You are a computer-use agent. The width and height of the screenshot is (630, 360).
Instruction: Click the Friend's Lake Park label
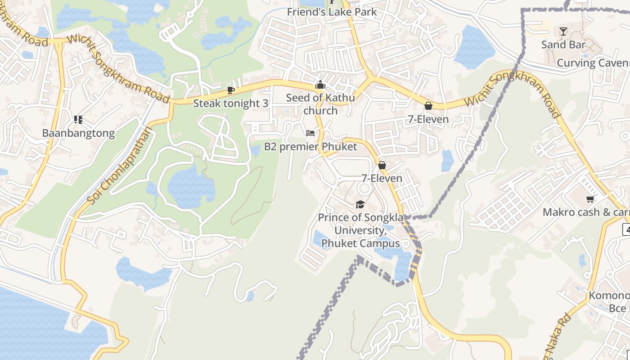pos(332,12)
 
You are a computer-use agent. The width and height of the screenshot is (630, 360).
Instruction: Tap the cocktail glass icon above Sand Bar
pos(563,31)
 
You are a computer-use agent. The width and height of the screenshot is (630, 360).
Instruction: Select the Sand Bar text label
pos(563,45)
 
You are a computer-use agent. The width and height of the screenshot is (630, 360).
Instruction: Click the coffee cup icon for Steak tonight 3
pos(231,90)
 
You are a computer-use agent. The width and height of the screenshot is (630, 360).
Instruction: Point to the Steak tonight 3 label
pos(230,103)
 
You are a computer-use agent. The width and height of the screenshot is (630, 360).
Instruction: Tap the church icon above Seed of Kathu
pos(320,85)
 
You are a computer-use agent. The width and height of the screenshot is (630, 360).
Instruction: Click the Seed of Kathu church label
pos(320,104)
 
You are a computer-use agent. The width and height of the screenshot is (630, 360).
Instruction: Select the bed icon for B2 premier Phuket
pos(310,133)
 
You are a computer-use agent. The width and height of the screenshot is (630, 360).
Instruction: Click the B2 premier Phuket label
pos(310,147)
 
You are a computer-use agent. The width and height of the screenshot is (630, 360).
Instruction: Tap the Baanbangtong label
pos(78,133)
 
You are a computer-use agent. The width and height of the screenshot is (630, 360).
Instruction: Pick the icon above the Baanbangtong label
pos(78,120)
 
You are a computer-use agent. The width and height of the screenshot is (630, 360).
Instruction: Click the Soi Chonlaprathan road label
pos(120,166)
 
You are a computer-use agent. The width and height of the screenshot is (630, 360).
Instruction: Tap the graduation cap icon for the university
pos(360,205)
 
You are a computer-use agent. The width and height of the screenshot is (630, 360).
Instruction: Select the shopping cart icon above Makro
pos(590,199)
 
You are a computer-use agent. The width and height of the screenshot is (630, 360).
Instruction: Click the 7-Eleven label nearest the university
pos(382,178)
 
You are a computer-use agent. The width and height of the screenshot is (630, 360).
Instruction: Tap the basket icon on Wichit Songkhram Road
pos(428,106)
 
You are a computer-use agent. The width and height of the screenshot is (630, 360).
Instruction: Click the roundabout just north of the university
pos(364,189)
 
